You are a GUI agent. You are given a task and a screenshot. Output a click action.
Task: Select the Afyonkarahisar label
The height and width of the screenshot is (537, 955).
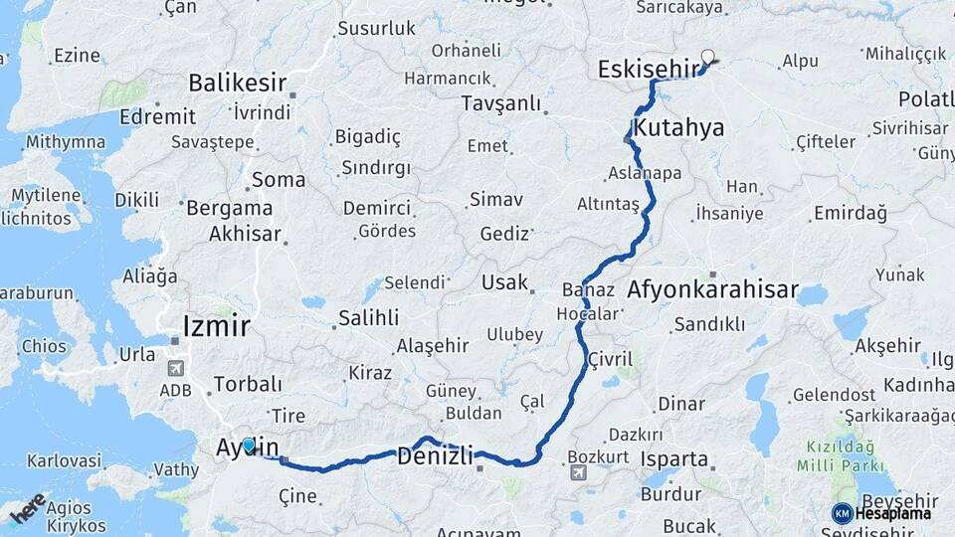[712, 290]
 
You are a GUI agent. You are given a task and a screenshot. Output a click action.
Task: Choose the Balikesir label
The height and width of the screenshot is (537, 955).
[237, 82]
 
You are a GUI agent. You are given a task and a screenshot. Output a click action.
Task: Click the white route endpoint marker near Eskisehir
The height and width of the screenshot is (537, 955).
[708, 57]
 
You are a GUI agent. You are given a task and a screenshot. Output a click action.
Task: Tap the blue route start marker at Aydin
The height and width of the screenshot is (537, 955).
[249, 445]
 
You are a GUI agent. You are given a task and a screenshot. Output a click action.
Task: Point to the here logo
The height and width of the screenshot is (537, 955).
[28, 508]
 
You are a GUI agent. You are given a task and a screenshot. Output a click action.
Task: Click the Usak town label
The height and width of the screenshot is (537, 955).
[504, 282]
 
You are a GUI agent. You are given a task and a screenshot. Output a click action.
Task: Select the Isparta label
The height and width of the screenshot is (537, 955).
[674, 460]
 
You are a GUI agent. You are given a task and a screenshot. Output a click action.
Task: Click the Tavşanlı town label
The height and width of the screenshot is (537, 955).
[501, 103]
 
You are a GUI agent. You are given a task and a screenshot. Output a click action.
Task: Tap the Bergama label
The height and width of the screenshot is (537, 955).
[229, 209]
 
